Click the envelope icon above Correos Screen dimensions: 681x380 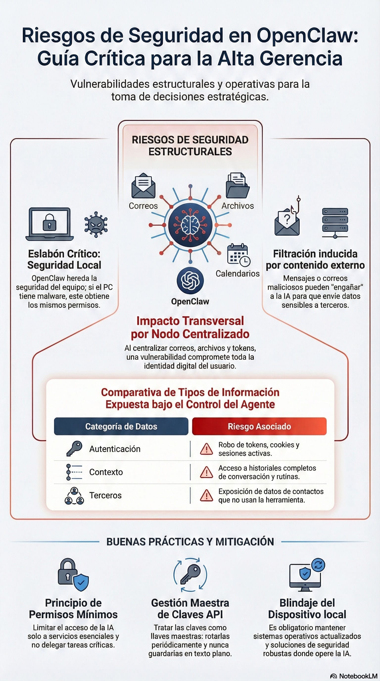click(x=143, y=186)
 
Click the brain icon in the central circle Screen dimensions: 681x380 click(x=190, y=225)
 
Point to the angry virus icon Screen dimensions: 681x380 click(x=96, y=225)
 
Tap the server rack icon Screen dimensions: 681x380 click(x=335, y=223)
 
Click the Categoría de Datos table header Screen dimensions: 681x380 click(x=121, y=426)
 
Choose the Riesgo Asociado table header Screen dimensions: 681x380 click(x=259, y=426)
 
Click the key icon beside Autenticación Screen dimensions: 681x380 click(x=74, y=449)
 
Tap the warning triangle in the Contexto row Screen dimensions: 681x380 click(x=206, y=472)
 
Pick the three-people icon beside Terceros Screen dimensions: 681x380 click(x=74, y=495)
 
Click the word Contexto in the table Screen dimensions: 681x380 click(x=106, y=472)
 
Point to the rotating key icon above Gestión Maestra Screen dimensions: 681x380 click(x=190, y=574)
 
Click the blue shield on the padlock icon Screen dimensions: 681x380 click(x=81, y=582)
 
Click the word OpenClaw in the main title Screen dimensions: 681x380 click(x=307, y=36)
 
